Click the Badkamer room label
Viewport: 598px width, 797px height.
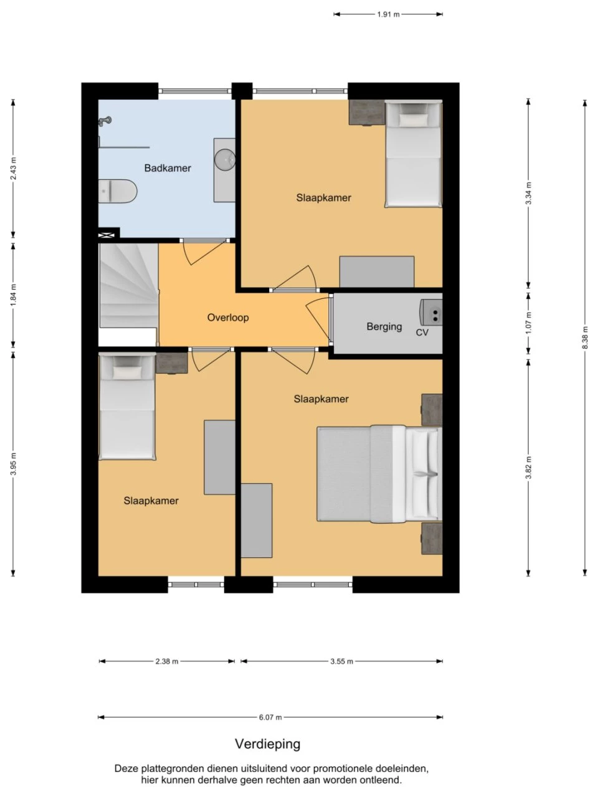tap(168, 168)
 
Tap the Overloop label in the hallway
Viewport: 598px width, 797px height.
tap(227, 318)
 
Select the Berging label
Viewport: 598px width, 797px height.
tap(384, 326)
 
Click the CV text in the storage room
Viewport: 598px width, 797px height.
tap(422, 332)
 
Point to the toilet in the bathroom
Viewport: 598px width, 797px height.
tap(118, 191)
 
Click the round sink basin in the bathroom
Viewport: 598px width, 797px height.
tap(225, 159)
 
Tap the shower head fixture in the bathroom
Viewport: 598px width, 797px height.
tap(105, 121)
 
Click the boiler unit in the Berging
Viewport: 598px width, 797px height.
tap(431, 312)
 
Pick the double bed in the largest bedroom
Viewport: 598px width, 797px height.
tap(379, 474)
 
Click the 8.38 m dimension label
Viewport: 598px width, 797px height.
tap(584, 337)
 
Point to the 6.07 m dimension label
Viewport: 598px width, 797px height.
tap(270, 718)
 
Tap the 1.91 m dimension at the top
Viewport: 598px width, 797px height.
tap(388, 14)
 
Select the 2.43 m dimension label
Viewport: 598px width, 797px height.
tap(14, 169)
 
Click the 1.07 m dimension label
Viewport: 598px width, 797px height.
tap(528, 323)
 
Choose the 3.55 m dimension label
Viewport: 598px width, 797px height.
tap(341, 661)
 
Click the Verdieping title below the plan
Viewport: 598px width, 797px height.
tap(268, 744)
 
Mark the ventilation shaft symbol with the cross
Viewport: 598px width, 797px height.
tap(107, 235)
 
